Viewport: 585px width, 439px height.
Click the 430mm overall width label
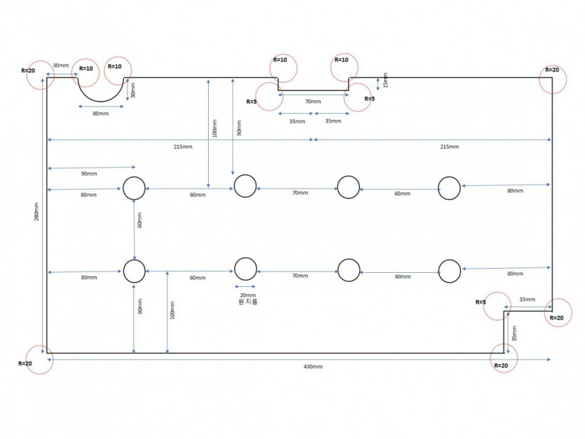(312, 367)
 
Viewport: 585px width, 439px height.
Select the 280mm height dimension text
(36, 212)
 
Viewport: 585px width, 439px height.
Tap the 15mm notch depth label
(386, 80)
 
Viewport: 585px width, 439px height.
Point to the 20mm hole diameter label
(248, 295)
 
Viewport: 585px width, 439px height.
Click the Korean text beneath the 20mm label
(248, 302)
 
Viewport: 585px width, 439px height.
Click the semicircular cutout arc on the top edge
(101, 101)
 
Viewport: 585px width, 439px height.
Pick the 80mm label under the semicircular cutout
(101, 114)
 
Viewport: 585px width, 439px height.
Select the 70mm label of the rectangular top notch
(312, 102)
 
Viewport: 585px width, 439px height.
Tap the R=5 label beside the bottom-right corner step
(481, 302)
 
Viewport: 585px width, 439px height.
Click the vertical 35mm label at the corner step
(514, 333)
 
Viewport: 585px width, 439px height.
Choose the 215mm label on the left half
(183, 147)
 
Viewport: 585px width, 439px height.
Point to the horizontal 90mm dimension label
(89, 174)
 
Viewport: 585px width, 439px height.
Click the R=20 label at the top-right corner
(552, 70)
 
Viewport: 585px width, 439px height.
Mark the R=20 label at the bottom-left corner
(25, 363)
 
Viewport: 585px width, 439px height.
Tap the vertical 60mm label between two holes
(140, 220)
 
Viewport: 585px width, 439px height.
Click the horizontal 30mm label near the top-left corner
(60, 65)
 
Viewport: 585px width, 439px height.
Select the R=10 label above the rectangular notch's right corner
(341, 60)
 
